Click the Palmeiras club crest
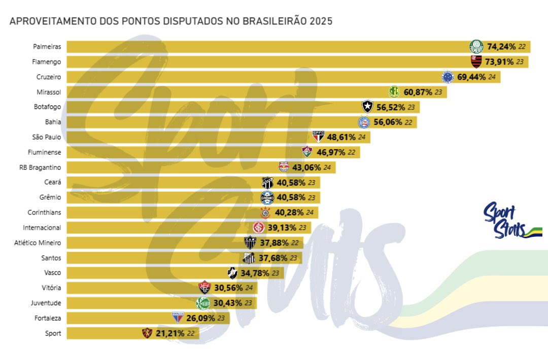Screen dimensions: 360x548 [476, 47]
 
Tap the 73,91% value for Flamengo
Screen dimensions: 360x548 [498, 62]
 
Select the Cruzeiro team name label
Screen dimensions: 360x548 [49, 77]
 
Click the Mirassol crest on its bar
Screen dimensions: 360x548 [394, 92]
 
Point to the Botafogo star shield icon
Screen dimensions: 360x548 [367, 107]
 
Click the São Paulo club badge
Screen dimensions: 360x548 [318, 137]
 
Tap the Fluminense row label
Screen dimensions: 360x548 [45, 152]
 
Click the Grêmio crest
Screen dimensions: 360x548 [267, 197]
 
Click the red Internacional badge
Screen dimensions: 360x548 [258, 227]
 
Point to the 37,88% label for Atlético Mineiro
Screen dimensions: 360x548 [274, 243]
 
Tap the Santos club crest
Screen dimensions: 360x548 [249, 258]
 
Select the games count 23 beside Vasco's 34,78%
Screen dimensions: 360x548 [276, 273]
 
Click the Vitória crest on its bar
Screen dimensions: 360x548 [204, 288]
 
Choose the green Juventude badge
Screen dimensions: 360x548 [202, 303]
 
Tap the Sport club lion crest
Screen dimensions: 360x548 [147, 333]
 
